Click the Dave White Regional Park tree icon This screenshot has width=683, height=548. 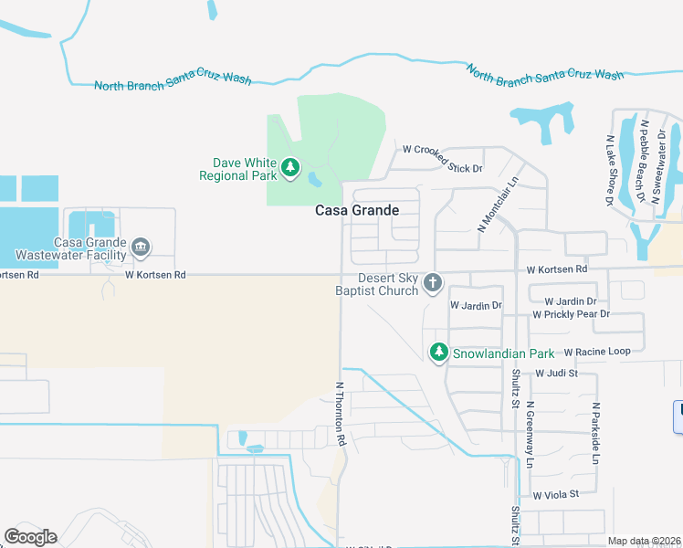click(290, 167)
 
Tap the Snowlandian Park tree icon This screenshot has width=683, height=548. click(439, 352)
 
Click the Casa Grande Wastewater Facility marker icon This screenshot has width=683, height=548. click(141, 247)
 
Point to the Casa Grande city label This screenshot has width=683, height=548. click(357, 210)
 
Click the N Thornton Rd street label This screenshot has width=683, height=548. click(341, 413)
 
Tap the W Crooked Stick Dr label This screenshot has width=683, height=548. click(442, 156)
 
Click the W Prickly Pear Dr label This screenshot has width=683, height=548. click(571, 314)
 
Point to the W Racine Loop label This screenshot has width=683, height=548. click(597, 352)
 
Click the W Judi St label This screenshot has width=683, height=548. click(557, 373)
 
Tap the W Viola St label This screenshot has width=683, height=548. click(556, 494)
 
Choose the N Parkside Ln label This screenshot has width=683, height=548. click(594, 434)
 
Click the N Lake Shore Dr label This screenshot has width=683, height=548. click(609, 171)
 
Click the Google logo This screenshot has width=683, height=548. click(31, 537)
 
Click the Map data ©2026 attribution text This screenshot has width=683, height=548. click(643, 541)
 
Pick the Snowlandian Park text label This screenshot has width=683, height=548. click(504, 353)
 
